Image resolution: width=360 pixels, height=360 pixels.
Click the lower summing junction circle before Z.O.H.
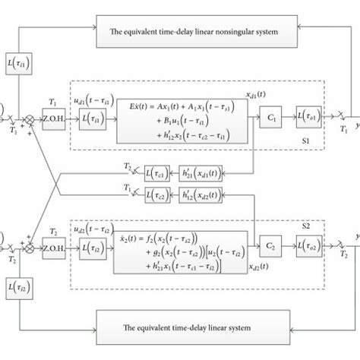(x=30, y=248)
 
